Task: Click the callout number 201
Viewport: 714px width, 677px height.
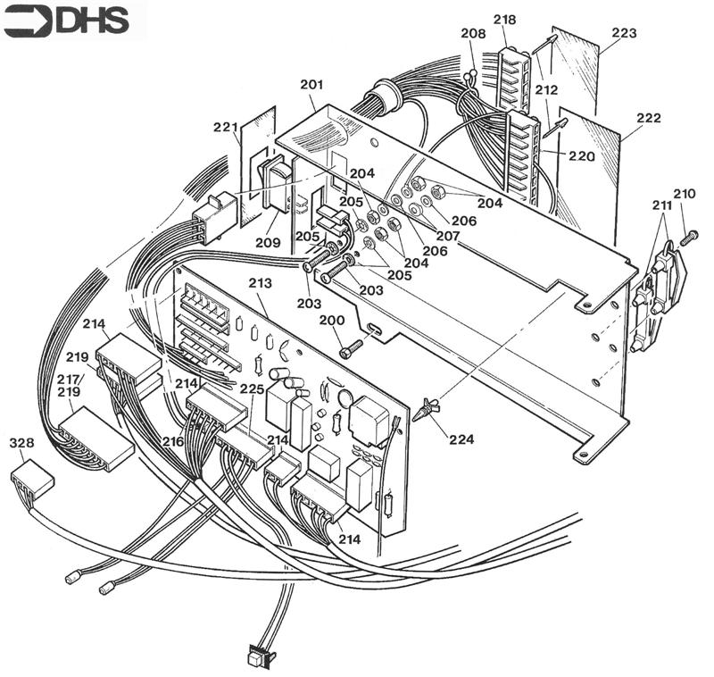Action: pyautogui.click(x=311, y=85)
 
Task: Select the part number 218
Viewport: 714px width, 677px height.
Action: pyautogui.click(x=504, y=20)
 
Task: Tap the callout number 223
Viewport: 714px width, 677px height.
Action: pyautogui.click(x=625, y=34)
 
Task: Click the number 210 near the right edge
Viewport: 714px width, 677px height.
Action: pyautogui.click(x=684, y=195)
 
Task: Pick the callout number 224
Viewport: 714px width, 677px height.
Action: pyautogui.click(x=461, y=439)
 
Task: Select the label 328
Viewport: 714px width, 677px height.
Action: pyautogui.click(x=21, y=444)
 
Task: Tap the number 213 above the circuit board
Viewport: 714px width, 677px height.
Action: pyautogui.click(x=260, y=283)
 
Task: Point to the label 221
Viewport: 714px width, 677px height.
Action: pyautogui.click(x=224, y=129)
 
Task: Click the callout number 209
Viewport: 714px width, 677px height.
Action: pyautogui.click(x=266, y=242)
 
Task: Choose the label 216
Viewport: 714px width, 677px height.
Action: pyautogui.click(x=172, y=441)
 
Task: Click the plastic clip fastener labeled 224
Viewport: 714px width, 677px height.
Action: pyautogui.click(x=428, y=409)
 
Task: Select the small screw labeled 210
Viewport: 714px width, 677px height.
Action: pyautogui.click(x=688, y=238)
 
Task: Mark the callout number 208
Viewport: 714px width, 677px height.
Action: pyautogui.click(x=473, y=34)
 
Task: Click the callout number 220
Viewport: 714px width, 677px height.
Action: pyautogui.click(x=581, y=155)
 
